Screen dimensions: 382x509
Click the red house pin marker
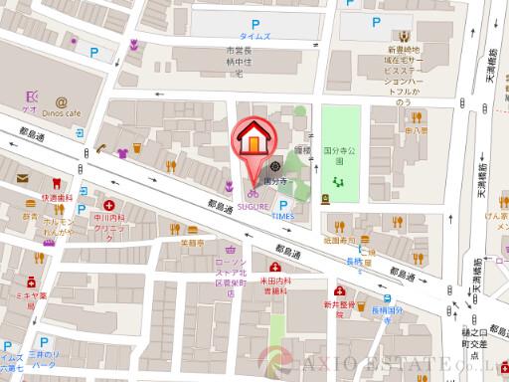point(253,140)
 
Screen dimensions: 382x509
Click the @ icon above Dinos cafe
point(62,100)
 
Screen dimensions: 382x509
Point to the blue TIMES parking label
point(282,214)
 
